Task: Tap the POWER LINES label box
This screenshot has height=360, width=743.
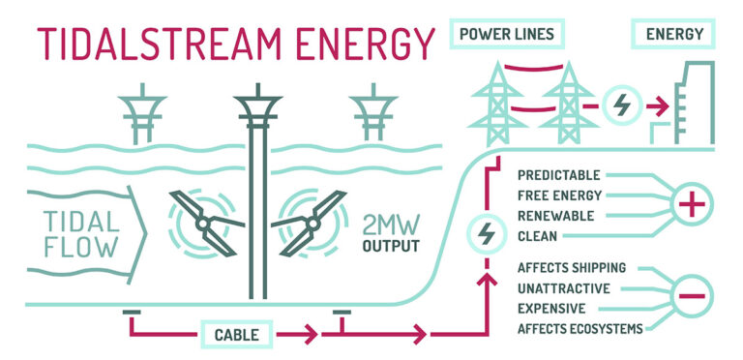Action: (x=507, y=34)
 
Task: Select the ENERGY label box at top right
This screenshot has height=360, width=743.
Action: (x=674, y=34)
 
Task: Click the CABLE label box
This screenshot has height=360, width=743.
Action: (x=236, y=335)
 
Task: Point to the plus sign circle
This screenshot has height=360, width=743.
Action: (x=692, y=205)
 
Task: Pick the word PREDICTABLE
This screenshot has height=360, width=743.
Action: (x=558, y=176)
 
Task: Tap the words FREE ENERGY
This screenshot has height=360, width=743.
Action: (x=559, y=195)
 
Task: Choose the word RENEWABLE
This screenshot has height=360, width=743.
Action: (x=555, y=215)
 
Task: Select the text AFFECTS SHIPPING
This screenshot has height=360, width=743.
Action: (x=572, y=268)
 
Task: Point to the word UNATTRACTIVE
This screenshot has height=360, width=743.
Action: (x=564, y=288)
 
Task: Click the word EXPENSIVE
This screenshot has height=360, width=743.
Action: (x=551, y=308)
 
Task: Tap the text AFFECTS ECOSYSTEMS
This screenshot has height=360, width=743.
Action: (x=580, y=329)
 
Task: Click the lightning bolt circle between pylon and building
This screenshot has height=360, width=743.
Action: (x=618, y=104)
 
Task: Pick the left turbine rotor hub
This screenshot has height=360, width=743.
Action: (x=204, y=224)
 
